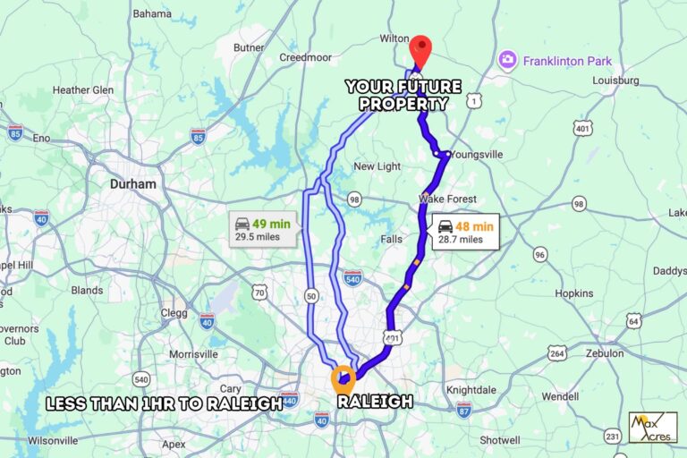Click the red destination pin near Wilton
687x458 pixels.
420,48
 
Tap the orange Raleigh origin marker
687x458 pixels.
343,378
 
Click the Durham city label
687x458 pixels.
132,184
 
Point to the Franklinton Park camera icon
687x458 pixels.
507,60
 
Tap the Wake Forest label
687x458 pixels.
447,199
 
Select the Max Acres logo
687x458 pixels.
652,427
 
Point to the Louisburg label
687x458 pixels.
615,80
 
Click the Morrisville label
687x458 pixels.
193,354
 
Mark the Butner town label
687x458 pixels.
249,47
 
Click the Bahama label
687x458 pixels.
152,13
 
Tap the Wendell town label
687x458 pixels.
560,395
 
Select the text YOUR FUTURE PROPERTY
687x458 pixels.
403,95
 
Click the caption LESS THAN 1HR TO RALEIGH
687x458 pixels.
165,403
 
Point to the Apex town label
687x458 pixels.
174,444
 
